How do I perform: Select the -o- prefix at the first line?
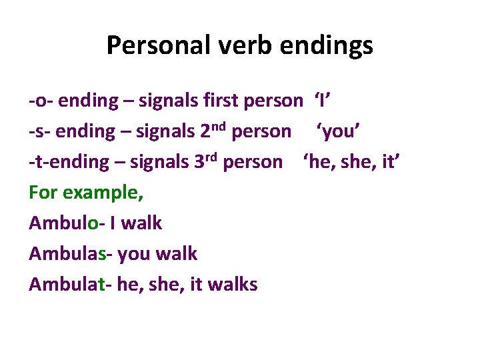click(x=41, y=101)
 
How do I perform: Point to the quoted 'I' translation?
click(x=323, y=101)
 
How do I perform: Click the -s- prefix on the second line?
click(x=40, y=132)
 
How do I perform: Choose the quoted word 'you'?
click(x=339, y=132)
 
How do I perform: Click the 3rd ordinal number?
click(x=209, y=161)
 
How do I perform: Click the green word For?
click(x=44, y=193)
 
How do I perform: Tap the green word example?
click(x=103, y=193)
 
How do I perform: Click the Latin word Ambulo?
click(x=63, y=223)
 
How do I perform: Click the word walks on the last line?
click(x=233, y=285)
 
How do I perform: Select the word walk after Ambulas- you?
click(x=176, y=254)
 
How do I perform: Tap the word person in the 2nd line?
click(x=261, y=132)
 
